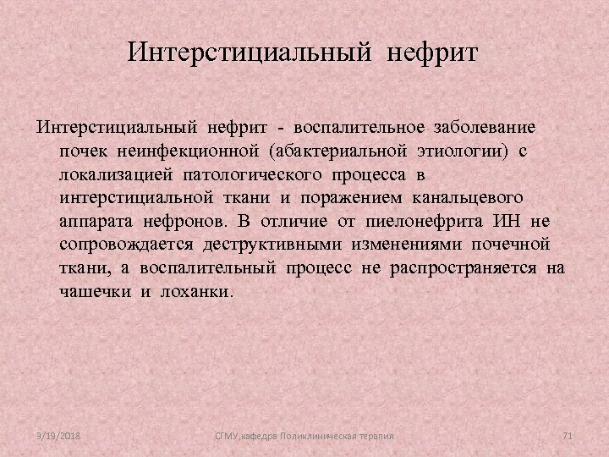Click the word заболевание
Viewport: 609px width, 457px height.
(x=484, y=128)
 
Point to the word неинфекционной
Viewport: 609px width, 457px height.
(x=191, y=151)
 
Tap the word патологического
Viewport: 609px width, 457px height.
(x=245, y=174)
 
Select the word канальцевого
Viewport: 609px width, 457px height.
(x=468, y=197)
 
